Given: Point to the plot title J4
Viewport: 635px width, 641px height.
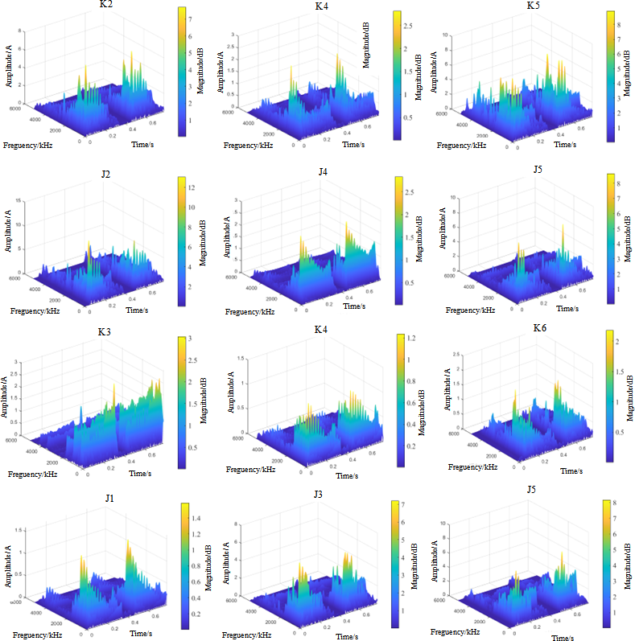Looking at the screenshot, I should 323,171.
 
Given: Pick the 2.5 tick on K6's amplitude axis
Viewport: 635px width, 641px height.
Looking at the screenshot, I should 456,354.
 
